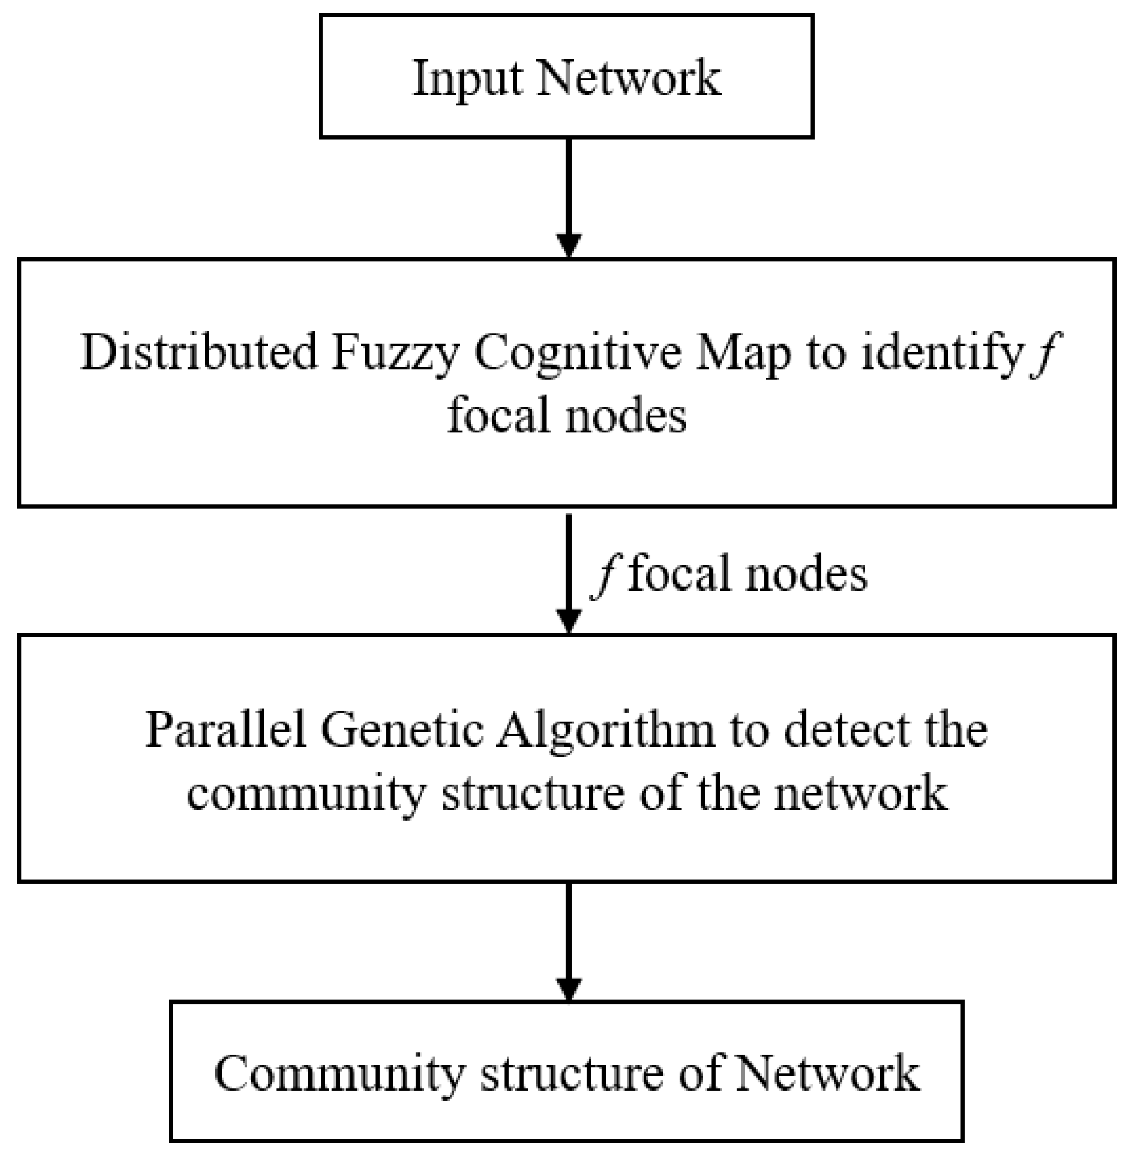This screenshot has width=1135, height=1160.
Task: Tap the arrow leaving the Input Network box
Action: point(569,196)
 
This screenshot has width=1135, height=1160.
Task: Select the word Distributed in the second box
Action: point(199,352)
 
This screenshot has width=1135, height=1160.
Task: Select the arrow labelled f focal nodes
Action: point(569,572)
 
